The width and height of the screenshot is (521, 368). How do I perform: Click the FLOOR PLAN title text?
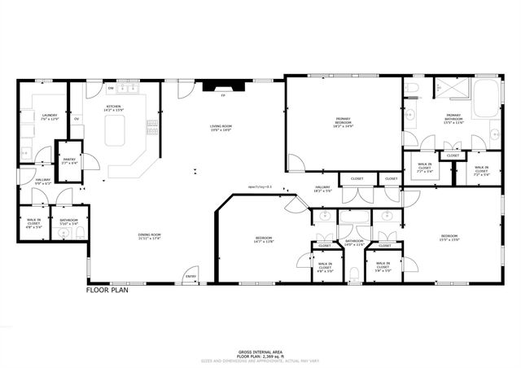pyautogui.click(x=110, y=289)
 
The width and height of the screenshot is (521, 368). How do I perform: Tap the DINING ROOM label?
pyautogui.click(x=149, y=236)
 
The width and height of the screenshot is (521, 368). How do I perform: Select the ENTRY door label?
pyautogui.click(x=190, y=276)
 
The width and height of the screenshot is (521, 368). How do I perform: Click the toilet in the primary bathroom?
pyautogui.click(x=410, y=88)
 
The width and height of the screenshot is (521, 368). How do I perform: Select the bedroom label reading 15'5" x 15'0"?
pyautogui.click(x=450, y=238)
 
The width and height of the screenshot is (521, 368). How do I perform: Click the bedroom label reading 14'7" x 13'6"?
pyautogui.click(x=264, y=239)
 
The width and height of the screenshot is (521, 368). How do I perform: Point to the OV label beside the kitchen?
pyautogui.click(x=77, y=119)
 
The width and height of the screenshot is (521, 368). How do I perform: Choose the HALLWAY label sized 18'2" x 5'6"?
pyautogui.click(x=323, y=189)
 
